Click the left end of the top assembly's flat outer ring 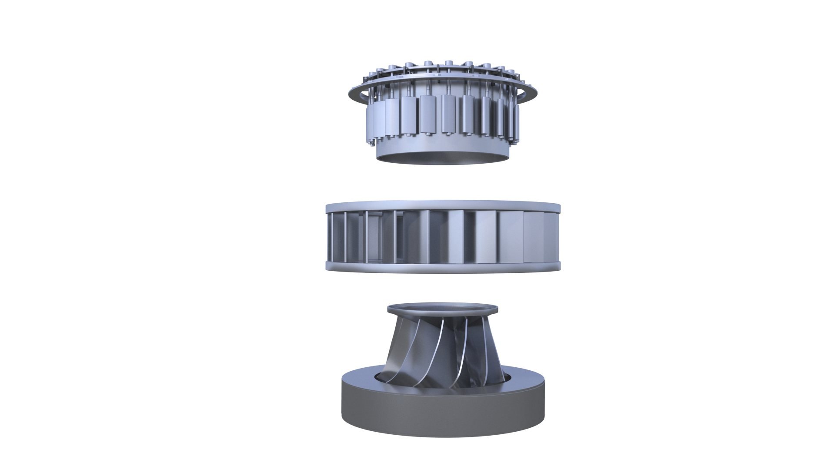click(x=351, y=94)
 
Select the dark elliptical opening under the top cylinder click(x=441, y=159)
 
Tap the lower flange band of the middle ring click(x=443, y=267)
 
